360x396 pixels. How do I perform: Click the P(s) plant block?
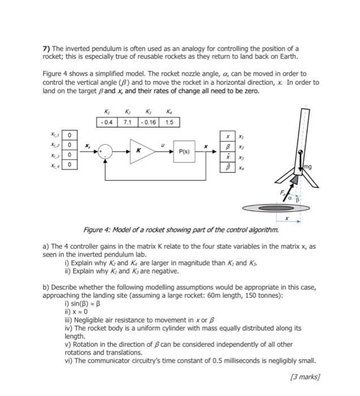click(185, 152)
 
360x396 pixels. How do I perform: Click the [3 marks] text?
click(305, 376)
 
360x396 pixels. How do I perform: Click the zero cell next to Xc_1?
click(69, 135)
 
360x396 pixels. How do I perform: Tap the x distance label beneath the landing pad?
click(286, 218)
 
